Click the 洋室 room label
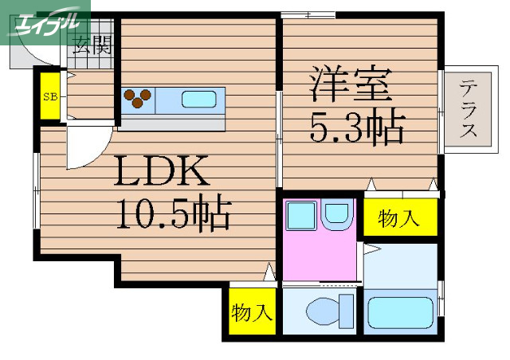click(351, 84)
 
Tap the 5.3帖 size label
click(356, 127)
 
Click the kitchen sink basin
click(199, 100)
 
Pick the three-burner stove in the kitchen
click(138, 98)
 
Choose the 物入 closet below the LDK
click(252, 312)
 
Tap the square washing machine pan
click(302, 215)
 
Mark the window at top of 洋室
click(308, 14)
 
